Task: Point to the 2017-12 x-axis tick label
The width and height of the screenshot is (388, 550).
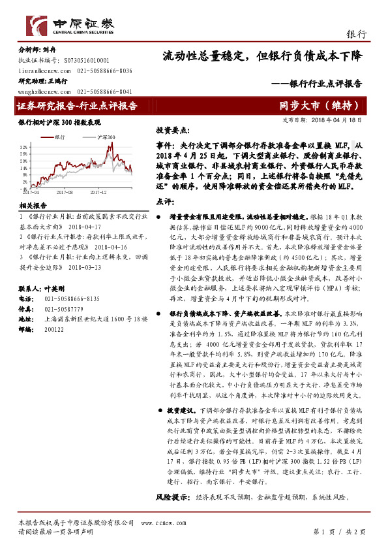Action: [98, 193]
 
